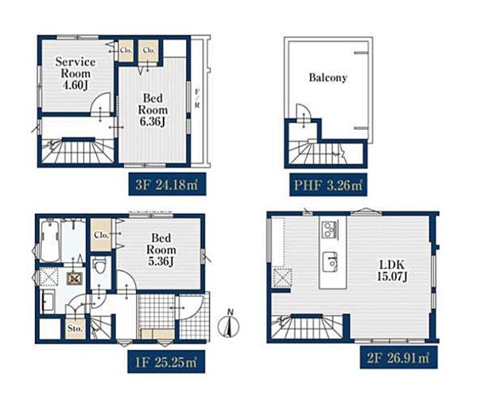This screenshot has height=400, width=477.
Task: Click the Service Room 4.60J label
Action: (76, 74)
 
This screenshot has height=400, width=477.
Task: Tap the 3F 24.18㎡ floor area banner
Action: (167, 184)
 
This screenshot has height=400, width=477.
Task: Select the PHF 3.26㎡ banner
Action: (328, 184)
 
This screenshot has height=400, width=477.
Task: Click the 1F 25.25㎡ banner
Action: (166, 362)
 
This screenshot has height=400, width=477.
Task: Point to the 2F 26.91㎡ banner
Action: (399, 358)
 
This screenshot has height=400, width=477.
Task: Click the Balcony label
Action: (328, 78)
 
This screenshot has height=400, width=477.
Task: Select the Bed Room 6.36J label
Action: (153, 110)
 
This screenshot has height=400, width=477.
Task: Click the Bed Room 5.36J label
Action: (161, 250)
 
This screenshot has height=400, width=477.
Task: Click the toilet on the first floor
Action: (99, 267)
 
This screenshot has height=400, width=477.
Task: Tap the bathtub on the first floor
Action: (50, 240)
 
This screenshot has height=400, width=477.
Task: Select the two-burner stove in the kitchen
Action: (329, 230)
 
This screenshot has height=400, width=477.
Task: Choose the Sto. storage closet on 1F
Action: (76, 328)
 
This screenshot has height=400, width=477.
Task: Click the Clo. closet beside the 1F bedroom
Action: (101, 235)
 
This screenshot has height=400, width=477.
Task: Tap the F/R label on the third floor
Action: (197, 98)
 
